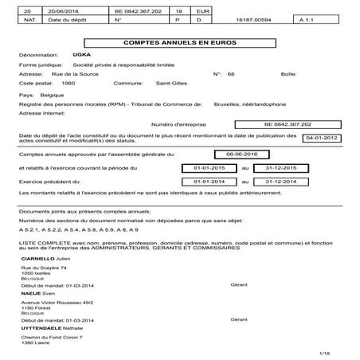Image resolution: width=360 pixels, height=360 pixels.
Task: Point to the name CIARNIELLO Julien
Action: (x=48, y=260)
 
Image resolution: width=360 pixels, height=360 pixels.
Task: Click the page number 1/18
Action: (x=324, y=351)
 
